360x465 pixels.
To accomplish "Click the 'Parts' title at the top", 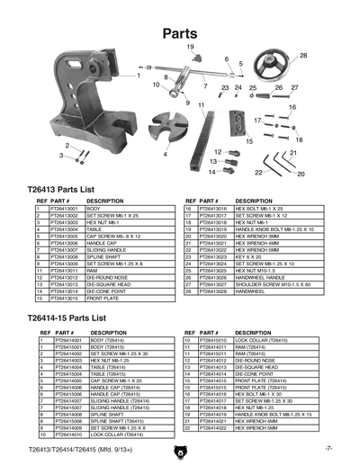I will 180,32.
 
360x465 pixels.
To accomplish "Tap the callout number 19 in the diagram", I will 190,47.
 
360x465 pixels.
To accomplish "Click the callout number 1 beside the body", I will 138,76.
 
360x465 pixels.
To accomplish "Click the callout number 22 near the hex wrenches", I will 258,172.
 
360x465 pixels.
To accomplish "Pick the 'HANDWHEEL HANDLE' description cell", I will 260,278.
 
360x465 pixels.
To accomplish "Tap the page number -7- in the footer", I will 329,447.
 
